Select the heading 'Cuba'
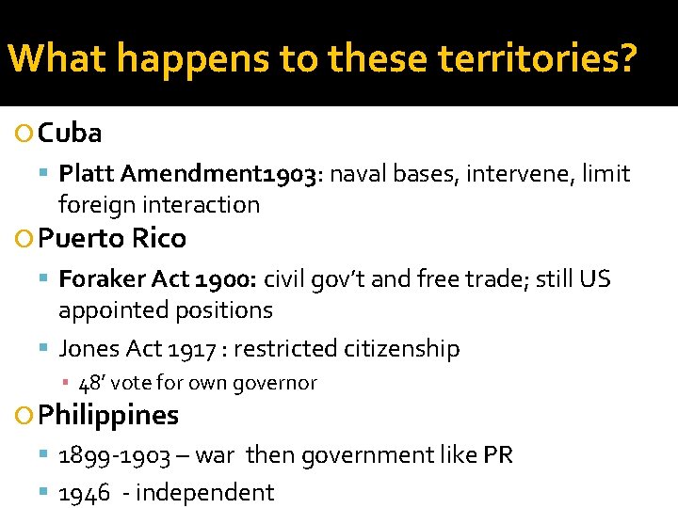(70, 134)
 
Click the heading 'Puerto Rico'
(112, 239)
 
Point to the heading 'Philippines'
(108, 415)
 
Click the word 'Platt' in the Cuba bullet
(86, 174)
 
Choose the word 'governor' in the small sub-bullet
(279, 383)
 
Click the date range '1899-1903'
(114, 456)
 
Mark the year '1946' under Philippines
(85, 492)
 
